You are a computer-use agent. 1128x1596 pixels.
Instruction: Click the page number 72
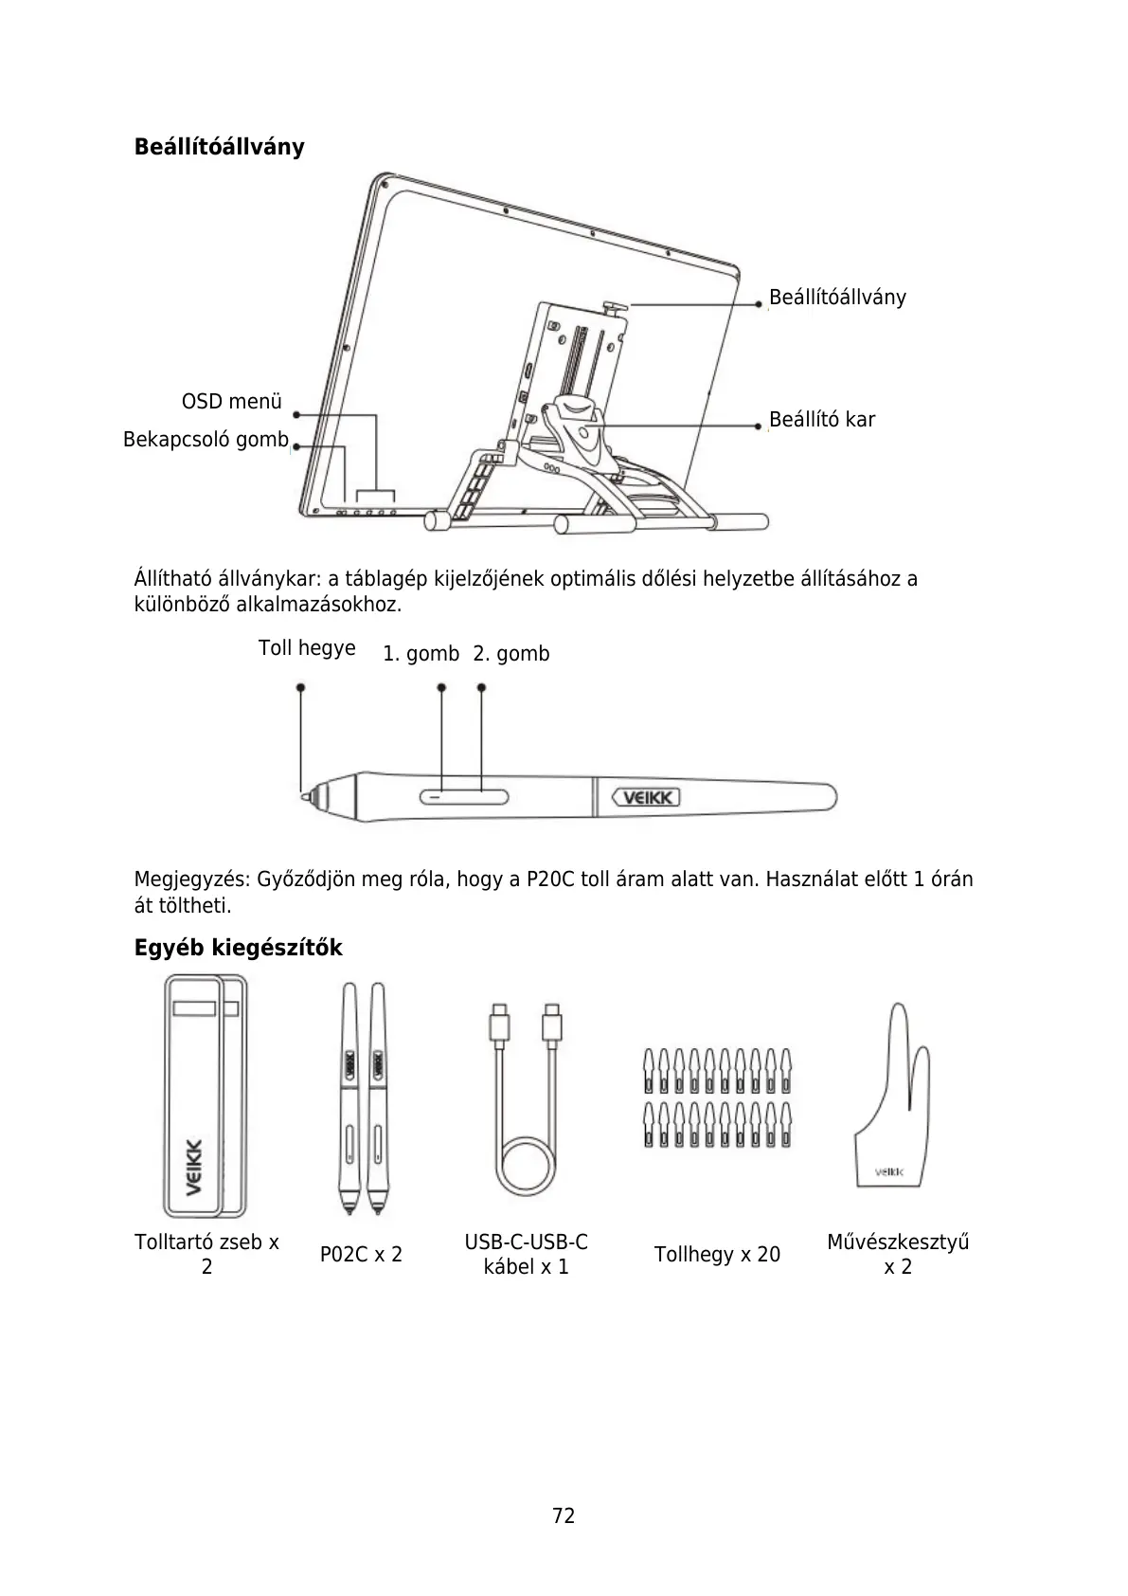(564, 1515)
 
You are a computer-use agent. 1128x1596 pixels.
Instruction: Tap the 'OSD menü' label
(231, 402)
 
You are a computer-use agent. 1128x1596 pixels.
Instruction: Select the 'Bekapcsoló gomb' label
(206, 440)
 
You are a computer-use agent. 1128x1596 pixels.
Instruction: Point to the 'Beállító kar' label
(821, 420)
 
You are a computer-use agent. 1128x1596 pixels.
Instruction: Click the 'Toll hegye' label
(307, 648)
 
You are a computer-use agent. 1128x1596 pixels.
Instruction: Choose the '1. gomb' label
(421, 654)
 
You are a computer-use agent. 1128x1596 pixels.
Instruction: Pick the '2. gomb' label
(511, 654)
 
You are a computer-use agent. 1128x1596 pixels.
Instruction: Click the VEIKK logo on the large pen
(646, 798)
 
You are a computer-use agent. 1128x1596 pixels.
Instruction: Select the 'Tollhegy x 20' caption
(717, 1255)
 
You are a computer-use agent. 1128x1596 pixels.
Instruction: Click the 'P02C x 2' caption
(361, 1255)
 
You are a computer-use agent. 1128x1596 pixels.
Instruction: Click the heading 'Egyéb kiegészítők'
(238, 948)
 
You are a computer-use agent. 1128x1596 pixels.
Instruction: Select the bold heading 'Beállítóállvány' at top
(219, 147)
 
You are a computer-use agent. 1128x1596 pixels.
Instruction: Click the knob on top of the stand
(614, 307)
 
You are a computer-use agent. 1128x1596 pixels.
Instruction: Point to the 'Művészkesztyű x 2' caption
(897, 1254)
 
